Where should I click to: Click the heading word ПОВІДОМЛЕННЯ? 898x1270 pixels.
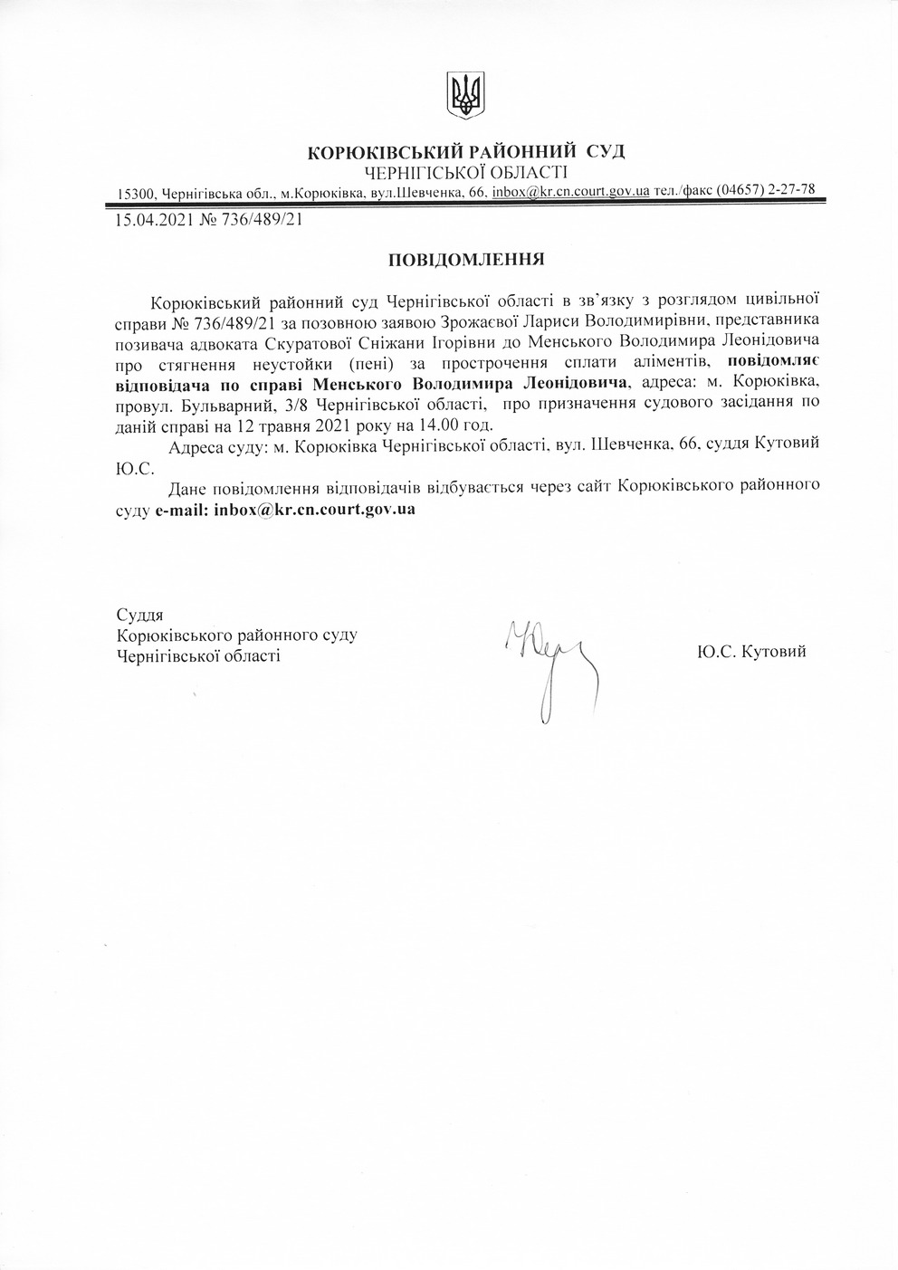[x=465, y=260]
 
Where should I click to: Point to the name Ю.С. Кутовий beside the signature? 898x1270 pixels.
[x=751, y=651]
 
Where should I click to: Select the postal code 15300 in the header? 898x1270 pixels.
[x=137, y=194]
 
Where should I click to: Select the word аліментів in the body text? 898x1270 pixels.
[x=648, y=363]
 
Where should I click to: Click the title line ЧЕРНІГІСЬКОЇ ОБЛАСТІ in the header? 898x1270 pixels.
[x=466, y=172]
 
